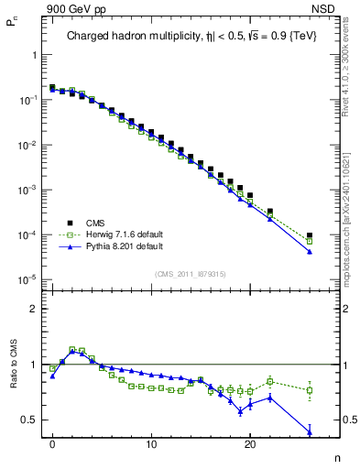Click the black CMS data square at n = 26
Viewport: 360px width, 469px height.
pos(310,235)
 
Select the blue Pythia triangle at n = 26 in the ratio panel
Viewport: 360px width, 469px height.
pos(310,432)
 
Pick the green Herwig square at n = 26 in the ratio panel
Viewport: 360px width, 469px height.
pos(310,390)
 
